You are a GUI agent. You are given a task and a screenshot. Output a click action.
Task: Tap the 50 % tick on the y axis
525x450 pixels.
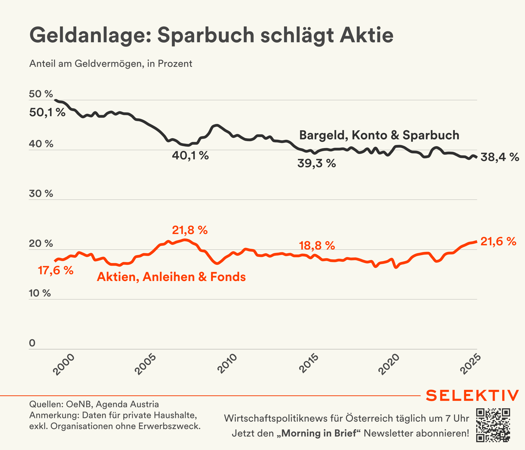coord(41,94)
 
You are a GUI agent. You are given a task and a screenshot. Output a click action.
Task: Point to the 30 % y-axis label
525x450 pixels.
coord(41,194)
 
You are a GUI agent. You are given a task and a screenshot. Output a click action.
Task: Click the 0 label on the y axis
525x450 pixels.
coord(32,343)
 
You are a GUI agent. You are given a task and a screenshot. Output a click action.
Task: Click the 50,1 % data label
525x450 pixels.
coord(47,112)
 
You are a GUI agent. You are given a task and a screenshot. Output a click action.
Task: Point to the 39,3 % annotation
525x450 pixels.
coord(316,163)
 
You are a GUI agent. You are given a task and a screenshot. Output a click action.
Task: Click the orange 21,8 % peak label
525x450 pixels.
coord(190,230)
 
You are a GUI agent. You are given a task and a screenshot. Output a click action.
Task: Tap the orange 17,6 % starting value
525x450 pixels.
coord(56,271)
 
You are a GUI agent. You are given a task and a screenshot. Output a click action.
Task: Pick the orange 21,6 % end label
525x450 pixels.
coord(498,241)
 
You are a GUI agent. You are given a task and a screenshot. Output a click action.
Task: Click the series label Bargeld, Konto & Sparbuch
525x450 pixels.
coord(379,135)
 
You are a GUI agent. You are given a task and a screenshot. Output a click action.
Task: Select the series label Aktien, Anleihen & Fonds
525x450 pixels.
coord(171,277)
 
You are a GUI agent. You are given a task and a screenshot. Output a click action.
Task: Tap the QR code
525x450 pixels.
coord(493,425)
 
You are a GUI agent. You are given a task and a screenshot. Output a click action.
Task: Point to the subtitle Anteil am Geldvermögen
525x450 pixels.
coord(111,64)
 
